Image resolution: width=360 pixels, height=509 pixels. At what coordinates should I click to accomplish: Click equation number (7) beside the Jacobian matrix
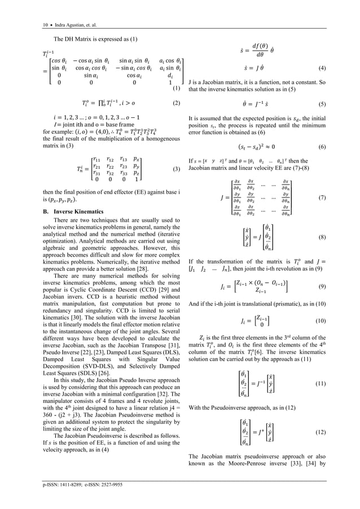pyautogui.click(x=322, y=198)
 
